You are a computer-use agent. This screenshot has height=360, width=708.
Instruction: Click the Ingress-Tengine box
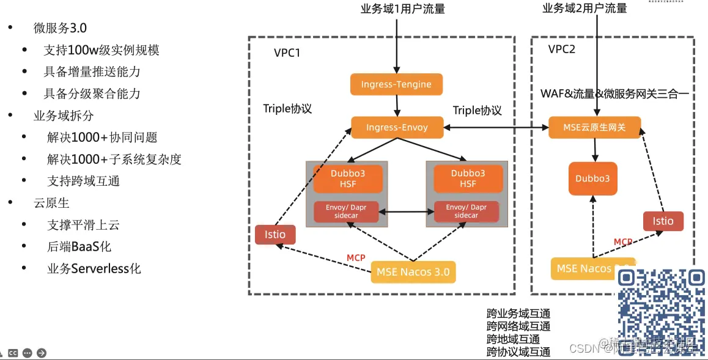coord(396,84)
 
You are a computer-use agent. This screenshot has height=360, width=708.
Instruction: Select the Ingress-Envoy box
coord(397,128)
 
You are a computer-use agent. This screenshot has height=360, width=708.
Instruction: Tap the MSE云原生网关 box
coord(594,128)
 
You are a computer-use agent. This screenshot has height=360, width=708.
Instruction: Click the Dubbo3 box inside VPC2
coord(592,178)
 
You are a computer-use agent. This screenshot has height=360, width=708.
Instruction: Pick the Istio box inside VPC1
coord(275,235)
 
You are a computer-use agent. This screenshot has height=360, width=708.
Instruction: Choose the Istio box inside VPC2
coord(663,221)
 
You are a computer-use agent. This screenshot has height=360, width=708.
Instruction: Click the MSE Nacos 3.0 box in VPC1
coord(413,272)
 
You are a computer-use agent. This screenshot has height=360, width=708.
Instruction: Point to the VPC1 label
coord(287,53)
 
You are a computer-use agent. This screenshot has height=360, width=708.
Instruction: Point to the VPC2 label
coord(561,50)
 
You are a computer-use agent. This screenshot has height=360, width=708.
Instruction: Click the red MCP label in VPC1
coord(356,258)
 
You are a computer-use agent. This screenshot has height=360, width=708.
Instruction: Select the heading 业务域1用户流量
coord(402,9)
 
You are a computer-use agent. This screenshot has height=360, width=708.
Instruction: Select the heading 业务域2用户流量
coord(584,8)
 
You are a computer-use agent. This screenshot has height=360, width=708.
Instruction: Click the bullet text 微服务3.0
coord(60,28)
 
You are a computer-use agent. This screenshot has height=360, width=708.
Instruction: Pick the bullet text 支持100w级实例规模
coord(101,50)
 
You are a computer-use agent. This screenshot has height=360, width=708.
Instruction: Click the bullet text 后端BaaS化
coord(79,247)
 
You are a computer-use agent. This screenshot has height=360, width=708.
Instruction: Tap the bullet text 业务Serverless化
coord(94,269)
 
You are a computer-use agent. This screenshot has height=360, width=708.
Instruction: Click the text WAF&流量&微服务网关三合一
coord(614,94)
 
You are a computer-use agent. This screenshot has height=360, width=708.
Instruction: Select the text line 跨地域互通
coord(513,339)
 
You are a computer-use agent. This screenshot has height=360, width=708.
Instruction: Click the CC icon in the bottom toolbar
coord(13,353)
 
